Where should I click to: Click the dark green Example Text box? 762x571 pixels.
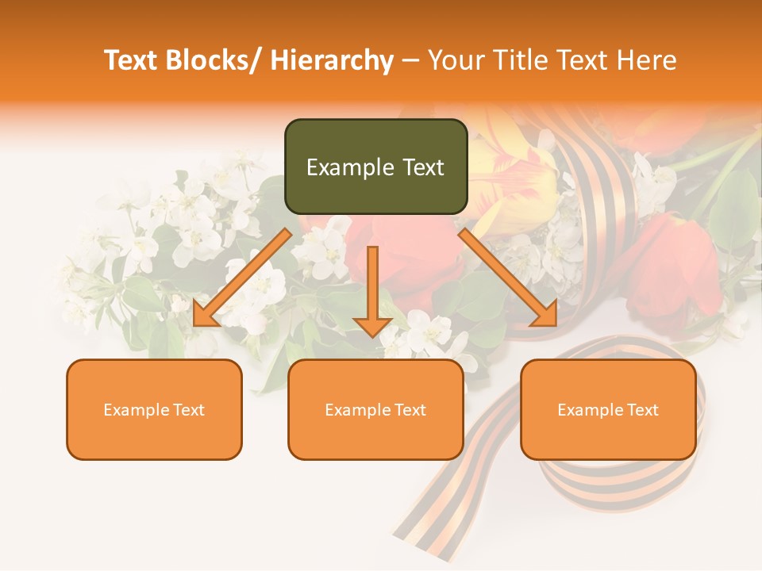[x=375, y=167]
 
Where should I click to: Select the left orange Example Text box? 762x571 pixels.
[x=154, y=409]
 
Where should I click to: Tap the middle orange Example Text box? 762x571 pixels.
[x=375, y=409]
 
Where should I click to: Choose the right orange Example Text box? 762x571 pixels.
[x=608, y=409]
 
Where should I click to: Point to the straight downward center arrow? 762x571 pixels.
[x=372, y=290]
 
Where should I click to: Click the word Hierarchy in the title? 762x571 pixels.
[x=332, y=60]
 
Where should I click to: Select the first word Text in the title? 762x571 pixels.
[x=132, y=60]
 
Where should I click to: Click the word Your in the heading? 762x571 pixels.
[x=454, y=60]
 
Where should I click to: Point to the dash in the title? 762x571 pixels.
[x=410, y=61]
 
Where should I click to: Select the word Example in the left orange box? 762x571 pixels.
[x=137, y=410]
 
